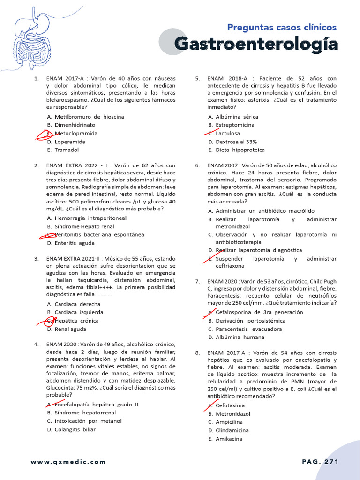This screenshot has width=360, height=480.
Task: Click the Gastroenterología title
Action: coord(256,44)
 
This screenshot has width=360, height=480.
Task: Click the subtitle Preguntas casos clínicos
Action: coord(282,27)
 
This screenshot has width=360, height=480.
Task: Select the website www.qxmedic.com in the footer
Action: coord(68,462)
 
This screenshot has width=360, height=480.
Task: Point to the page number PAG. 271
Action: coord(320,462)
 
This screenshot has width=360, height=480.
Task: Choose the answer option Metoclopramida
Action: coord(76,133)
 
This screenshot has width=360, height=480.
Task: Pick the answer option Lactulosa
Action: coord(227,133)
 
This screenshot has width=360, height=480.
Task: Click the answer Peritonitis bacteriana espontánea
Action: coord(99,234)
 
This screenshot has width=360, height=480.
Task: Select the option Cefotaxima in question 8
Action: coord(230,405)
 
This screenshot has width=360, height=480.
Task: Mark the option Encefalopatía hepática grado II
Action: coord(96,404)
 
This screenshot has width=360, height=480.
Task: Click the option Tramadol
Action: coord(67,150)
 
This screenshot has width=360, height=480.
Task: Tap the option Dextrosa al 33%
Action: coord(236,142)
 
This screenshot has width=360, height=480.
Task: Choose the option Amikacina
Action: coord(229,439)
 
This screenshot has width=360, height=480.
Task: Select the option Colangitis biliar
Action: coord(75,429)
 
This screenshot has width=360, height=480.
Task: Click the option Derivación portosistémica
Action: coord(250,321)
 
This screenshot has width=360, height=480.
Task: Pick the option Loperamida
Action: coord(70,142)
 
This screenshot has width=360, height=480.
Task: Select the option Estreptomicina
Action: coord(235,125)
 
